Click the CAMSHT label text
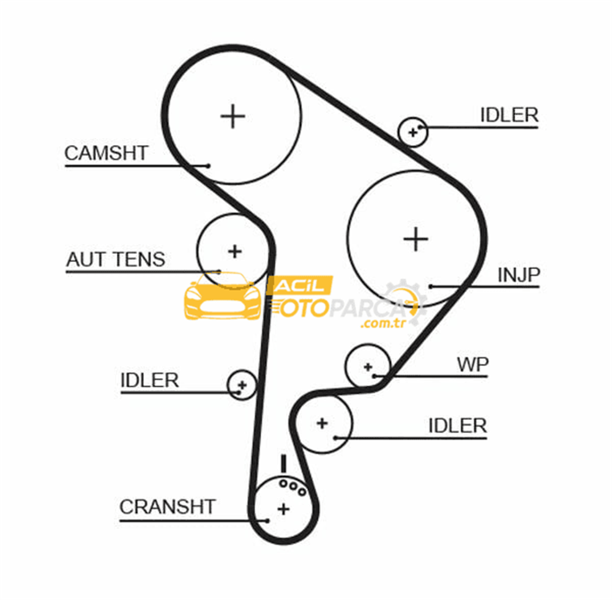pyautogui.click(x=106, y=153)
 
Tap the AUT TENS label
pyautogui.click(x=116, y=259)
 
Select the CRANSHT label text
pyautogui.click(x=168, y=507)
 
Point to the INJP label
pyautogui.click(x=519, y=275)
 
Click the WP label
pyautogui.click(x=472, y=365)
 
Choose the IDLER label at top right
pyautogui.click(x=509, y=115)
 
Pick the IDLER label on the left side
pyautogui.click(x=149, y=380)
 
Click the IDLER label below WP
pyautogui.click(x=457, y=426)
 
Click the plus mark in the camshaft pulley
pyautogui.click(x=233, y=116)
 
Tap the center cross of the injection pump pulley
pyautogui.click(x=416, y=239)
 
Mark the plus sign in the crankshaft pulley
pyautogui.click(x=284, y=509)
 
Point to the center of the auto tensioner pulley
pyautogui.click(x=234, y=251)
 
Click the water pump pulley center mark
pyautogui.click(x=368, y=367)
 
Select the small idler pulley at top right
pyautogui.click(x=413, y=132)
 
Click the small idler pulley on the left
pyautogui.click(x=242, y=385)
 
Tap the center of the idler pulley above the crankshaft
pyautogui.click(x=322, y=423)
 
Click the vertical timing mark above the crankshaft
pyautogui.click(x=284, y=464)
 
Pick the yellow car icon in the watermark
pyautogui.click(x=223, y=295)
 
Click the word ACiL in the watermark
pyautogui.click(x=300, y=286)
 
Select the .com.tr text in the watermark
pyautogui.click(x=383, y=324)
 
